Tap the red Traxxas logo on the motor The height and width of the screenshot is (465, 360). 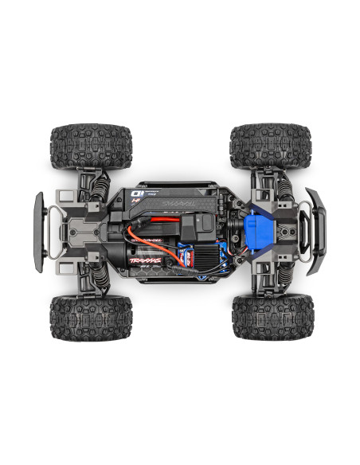point(148,259)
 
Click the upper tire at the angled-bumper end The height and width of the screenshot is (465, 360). point(271,146)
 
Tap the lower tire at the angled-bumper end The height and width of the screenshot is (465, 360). point(272,316)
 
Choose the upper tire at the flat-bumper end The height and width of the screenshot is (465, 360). point(90,146)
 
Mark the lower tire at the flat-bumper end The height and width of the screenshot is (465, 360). point(90,318)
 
